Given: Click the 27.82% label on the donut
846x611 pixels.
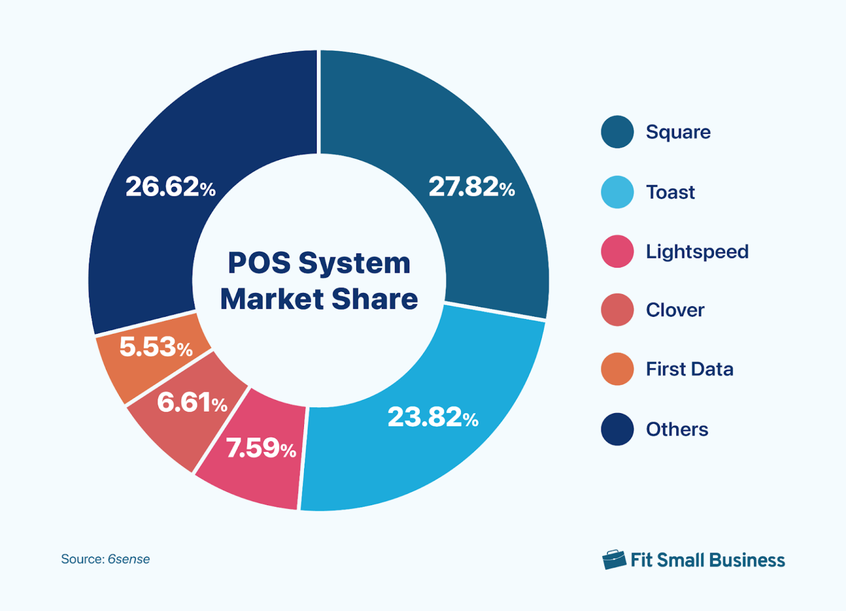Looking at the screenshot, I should (471, 187).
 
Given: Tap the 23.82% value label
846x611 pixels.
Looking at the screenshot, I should (433, 417).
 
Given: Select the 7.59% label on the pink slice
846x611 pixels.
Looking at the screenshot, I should (261, 448).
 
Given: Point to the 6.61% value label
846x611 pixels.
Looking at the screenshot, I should (192, 403).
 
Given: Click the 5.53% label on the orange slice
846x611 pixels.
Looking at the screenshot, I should (156, 347).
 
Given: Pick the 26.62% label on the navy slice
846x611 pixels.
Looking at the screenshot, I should (170, 187).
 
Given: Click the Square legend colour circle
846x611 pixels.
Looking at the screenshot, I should (617, 132).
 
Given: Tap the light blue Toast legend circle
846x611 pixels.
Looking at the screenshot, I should (617, 192).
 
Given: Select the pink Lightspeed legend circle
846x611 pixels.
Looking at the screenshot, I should (617, 252).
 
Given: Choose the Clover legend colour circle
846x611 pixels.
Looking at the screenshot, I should (617, 310).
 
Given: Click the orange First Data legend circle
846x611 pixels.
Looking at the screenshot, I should (617, 369).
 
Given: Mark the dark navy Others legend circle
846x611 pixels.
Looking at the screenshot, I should (617, 429).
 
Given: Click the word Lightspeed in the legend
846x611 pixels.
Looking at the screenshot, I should (697, 252).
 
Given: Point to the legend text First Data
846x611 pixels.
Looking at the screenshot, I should (689, 369).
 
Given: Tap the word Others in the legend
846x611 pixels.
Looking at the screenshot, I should (677, 429).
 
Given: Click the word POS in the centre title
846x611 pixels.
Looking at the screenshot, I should (259, 263).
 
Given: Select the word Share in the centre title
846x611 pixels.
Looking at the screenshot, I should (375, 299).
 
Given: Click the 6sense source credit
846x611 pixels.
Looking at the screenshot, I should (128, 559).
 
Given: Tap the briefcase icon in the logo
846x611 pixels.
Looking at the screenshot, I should (614, 560).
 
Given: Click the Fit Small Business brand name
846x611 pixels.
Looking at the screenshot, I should (707, 560).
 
